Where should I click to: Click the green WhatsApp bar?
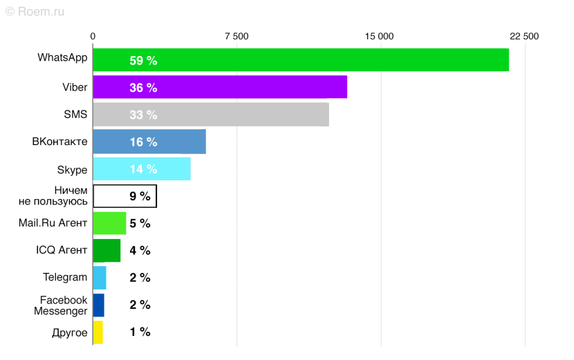coord(301,60)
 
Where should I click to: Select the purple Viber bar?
coord(220,87)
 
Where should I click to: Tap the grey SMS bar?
coord(211,115)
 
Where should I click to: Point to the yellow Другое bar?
coord(98,332)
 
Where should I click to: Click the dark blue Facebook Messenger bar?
coord(98,305)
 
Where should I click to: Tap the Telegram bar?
coord(100,278)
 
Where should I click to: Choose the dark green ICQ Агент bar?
coord(107,250)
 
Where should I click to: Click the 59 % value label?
coord(143,61)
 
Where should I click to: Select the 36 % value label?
coord(143,88)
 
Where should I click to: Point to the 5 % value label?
coord(140,223)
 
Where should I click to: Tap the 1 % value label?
coord(140,332)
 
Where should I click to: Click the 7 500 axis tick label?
coord(237,36)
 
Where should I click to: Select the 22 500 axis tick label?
coord(524,36)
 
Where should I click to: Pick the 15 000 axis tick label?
coord(380,36)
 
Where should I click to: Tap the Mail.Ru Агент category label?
coord(53,222)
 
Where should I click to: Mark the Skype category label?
coord(72,169)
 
